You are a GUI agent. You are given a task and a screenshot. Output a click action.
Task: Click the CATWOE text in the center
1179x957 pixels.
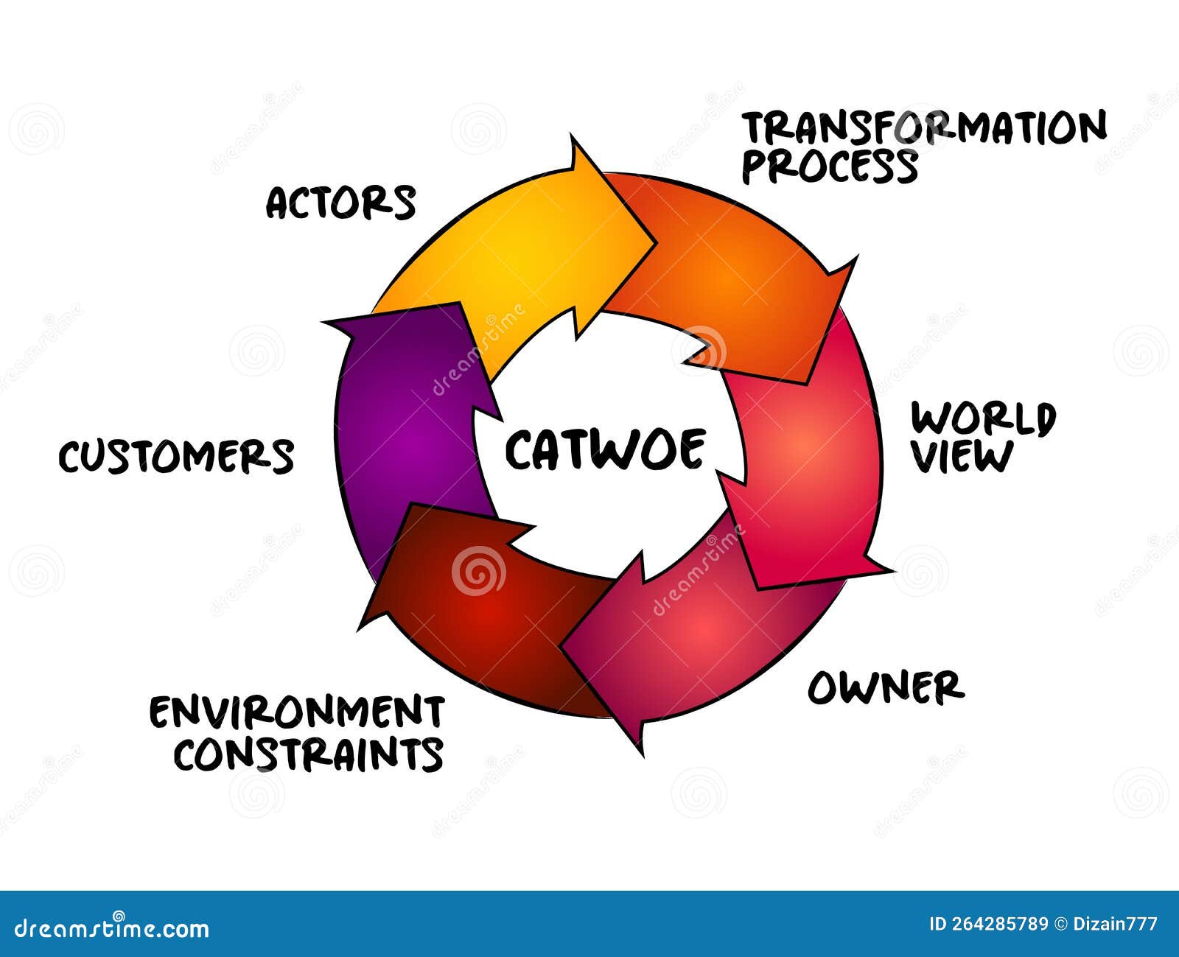click(605, 449)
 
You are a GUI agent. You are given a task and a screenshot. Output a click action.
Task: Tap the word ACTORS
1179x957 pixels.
click(341, 203)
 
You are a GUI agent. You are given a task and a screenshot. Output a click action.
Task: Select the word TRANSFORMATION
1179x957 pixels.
click(924, 128)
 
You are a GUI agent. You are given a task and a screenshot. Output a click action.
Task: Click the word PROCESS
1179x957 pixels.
click(830, 166)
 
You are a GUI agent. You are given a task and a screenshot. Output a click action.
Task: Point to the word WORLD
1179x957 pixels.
click(983, 418)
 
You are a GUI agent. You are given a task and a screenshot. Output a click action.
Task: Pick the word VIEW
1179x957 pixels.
click(962, 457)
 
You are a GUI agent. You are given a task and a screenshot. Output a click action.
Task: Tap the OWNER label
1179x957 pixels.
click(886, 687)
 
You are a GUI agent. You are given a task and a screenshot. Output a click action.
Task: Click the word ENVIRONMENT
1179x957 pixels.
click(297, 712)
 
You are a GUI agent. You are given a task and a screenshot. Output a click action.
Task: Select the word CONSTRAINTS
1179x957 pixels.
click(309, 754)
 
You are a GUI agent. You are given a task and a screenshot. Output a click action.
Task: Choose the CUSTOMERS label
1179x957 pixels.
click(177, 457)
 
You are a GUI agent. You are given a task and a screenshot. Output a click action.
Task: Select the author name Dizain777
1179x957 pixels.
click(1116, 924)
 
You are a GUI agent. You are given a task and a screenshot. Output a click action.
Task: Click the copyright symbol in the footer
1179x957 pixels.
click(1061, 924)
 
